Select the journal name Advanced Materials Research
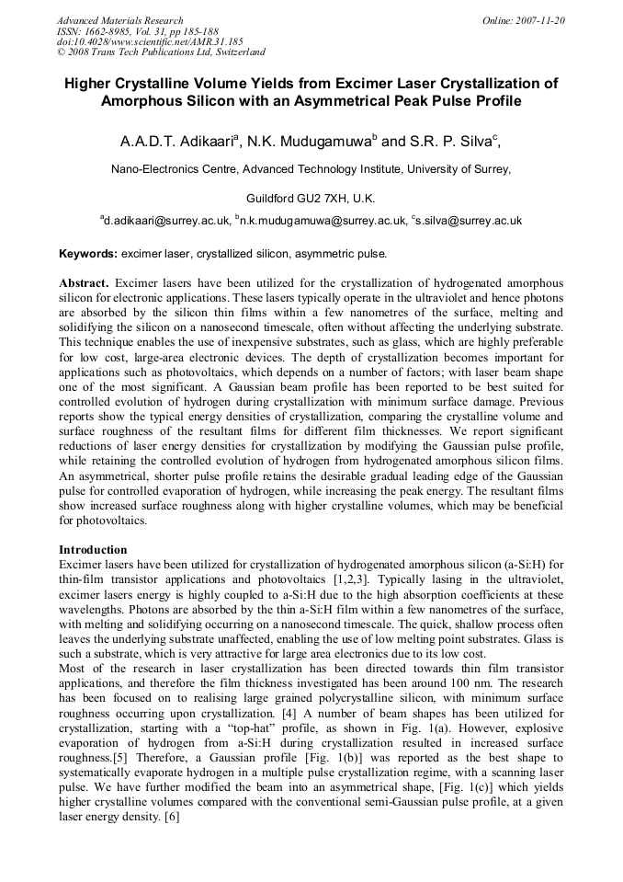[119, 20]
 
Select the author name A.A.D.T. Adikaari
[178, 143]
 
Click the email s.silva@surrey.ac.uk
[470, 221]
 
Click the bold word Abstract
[84, 282]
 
